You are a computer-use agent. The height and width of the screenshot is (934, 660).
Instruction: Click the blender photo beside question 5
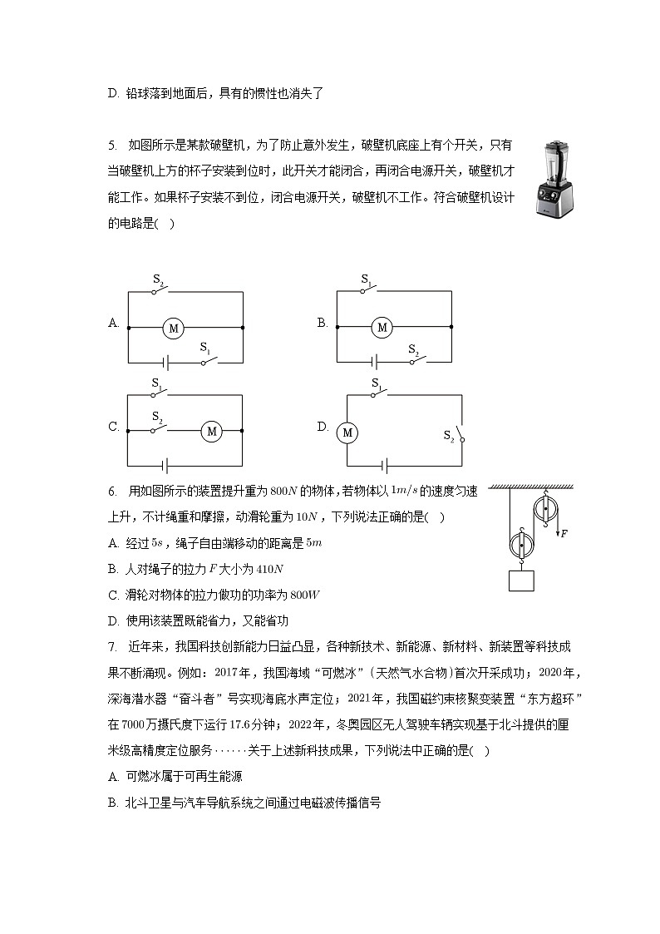click(x=555, y=179)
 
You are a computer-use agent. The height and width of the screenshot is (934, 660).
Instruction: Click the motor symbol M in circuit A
click(x=174, y=328)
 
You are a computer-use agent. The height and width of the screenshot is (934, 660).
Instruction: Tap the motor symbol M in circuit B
click(x=382, y=328)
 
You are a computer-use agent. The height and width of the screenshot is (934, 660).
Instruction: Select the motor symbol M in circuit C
click(x=211, y=431)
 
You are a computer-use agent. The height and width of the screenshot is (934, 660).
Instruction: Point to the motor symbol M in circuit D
click(x=347, y=432)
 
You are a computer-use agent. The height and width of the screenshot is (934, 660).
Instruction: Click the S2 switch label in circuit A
click(x=157, y=281)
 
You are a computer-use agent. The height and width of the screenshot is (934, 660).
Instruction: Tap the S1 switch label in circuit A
click(x=204, y=348)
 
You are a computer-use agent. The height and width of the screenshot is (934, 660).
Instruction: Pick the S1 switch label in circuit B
click(x=366, y=281)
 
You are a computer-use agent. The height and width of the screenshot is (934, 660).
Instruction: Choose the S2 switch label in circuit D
click(x=448, y=434)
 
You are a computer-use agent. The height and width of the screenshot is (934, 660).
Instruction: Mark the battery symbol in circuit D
click(x=382, y=465)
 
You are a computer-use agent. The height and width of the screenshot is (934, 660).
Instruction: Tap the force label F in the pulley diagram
click(x=564, y=533)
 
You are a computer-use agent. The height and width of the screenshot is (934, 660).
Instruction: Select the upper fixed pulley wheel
click(x=544, y=509)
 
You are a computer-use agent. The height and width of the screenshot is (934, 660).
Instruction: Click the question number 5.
click(x=111, y=146)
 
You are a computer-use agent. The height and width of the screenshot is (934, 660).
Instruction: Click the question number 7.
click(x=111, y=646)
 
